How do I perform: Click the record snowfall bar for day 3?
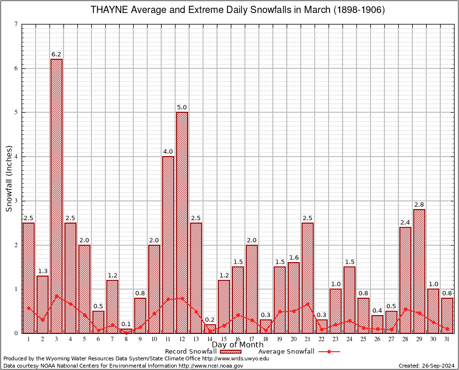[56, 196]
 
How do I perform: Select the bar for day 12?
[182, 222]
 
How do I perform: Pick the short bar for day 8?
[126, 331]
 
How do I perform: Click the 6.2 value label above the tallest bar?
[56, 54]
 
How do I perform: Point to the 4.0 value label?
[168, 152]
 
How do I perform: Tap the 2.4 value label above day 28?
[405, 223]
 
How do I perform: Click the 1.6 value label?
[293, 258]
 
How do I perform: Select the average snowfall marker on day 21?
[307, 304]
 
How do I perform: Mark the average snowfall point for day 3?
[56, 296]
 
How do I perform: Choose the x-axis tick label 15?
[224, 339]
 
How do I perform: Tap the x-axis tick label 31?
[447, 339]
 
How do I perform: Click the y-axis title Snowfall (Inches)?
[9, 179]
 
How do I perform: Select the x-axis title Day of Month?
[238, 345]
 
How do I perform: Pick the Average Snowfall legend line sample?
[329, 352]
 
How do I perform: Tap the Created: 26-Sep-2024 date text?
[426, 366]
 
